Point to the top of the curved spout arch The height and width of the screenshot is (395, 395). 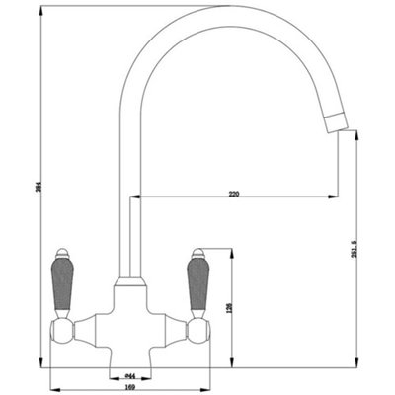(197, 12)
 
